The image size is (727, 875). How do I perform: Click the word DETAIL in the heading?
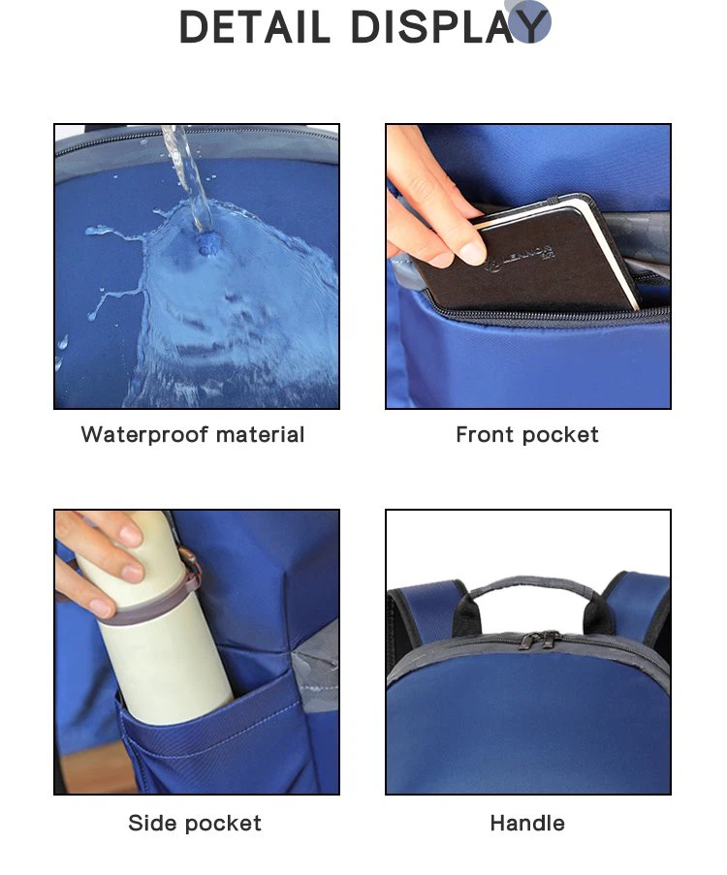[x=254, y=26]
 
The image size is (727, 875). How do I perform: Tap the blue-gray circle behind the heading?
[x=528, y=20]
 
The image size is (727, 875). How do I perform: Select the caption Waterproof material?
[x=193, y=435]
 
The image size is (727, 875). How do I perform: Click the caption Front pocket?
[x=527, y=435]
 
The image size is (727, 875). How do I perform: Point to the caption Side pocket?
[x=195, y=824]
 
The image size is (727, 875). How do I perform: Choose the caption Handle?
[x=527, y=824]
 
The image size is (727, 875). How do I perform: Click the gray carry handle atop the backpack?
[x=528, y=586]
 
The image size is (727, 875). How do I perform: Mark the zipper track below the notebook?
[x=543, y=316]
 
